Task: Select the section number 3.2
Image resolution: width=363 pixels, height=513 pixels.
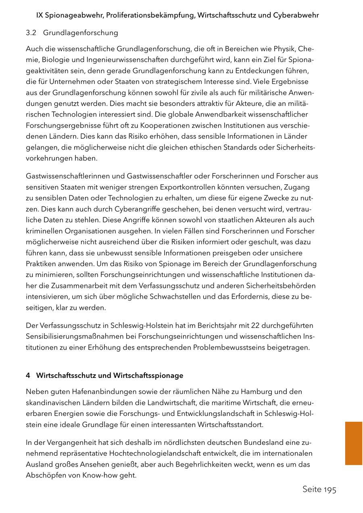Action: click(31, 33)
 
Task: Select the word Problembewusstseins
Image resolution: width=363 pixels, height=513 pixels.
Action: click(228, 347)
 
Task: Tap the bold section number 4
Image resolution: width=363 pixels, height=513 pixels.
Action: click(28, 375)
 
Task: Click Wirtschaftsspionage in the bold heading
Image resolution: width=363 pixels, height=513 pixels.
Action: click(148, 375)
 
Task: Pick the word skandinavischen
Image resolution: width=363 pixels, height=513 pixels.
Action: click(51, 402)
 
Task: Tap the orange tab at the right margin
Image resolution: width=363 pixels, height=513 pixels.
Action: click(354, 443)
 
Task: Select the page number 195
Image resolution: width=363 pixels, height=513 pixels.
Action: click(329, 490)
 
